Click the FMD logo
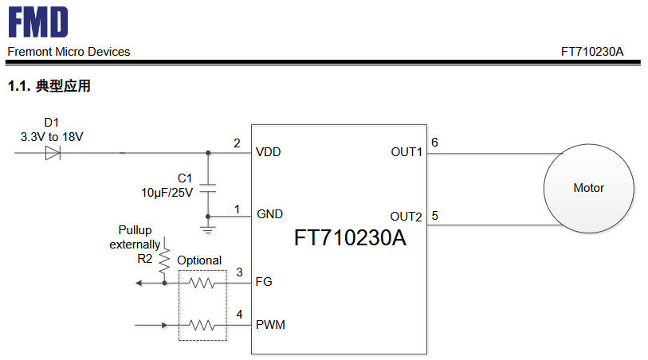click(38, 22)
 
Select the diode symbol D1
click(53, 153)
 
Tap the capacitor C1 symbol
click(208, 188)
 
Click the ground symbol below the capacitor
click(208, 230)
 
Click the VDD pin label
click(269, 152)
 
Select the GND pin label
click(270, 214)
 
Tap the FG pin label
click(264, 282)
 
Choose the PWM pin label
click(270, 324)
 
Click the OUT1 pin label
click(406, 152)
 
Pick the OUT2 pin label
click(406, 217)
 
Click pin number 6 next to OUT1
click(434, 143)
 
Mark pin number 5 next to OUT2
click(434, 216)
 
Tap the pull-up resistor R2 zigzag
click(164, 260)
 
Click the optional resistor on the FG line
click(202, 283)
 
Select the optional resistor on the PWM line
click(202, 325)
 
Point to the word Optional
click(199, 260)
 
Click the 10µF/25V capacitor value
click(167, 193)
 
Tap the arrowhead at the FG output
click(139, 284)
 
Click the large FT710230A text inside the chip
click(350, 238)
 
